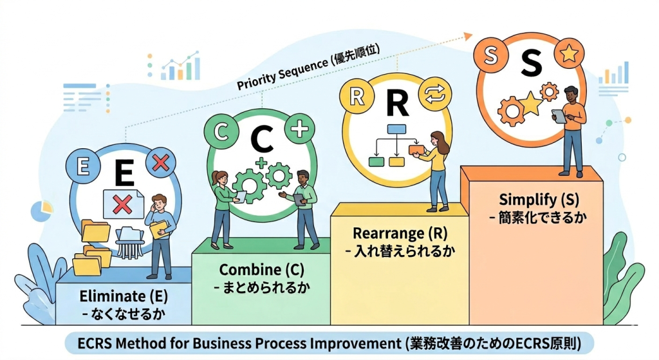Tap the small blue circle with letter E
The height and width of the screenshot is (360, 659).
(x=82, y=166)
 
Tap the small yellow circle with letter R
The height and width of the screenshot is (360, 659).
(x=355, y=97)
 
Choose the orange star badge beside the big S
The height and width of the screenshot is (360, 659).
(x=568, y=53)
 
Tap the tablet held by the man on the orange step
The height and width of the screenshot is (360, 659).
(x=559, y=116)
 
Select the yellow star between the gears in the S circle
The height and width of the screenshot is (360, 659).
(x=530, y=103)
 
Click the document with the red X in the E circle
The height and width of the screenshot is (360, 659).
(x=122, y=205)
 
